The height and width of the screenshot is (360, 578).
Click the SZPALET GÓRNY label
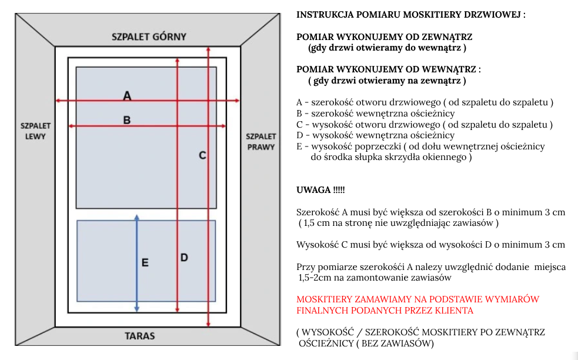149,37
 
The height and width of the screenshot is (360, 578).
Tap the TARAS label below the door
140,336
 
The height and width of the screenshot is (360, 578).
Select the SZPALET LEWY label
35,131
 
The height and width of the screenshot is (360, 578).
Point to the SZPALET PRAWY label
261,142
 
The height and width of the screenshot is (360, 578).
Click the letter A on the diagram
127,96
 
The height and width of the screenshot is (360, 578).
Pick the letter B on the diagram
127,120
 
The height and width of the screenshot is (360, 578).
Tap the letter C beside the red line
202,155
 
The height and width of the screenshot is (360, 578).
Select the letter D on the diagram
184,258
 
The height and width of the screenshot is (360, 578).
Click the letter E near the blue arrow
145,262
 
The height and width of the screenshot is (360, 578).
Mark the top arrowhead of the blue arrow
137,217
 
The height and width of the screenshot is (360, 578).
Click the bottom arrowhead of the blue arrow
137,309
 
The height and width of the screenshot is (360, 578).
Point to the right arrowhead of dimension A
237,101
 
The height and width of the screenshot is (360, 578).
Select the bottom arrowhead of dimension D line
178,310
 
